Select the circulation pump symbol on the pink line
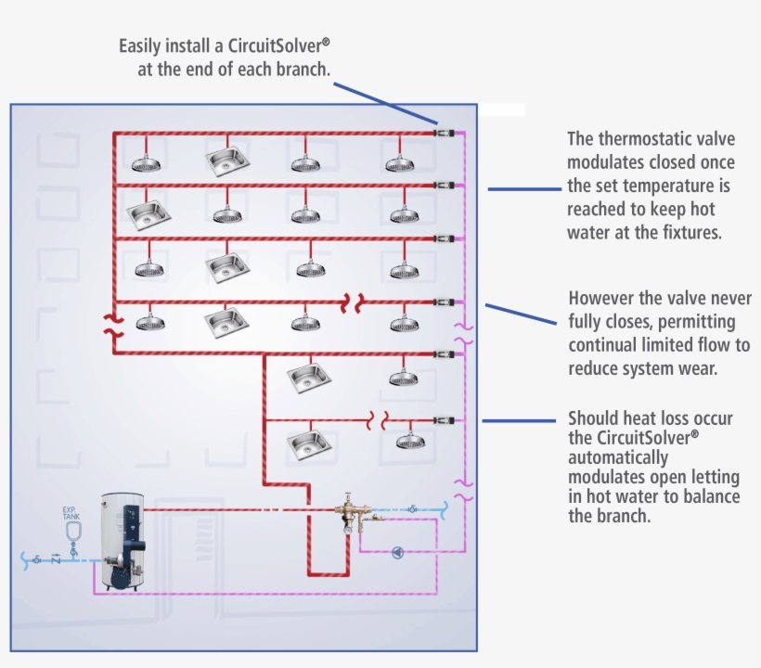397,553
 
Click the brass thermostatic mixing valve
350,513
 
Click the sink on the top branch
228,161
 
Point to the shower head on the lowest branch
409,441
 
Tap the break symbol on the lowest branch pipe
378,420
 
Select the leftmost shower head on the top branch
147,163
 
